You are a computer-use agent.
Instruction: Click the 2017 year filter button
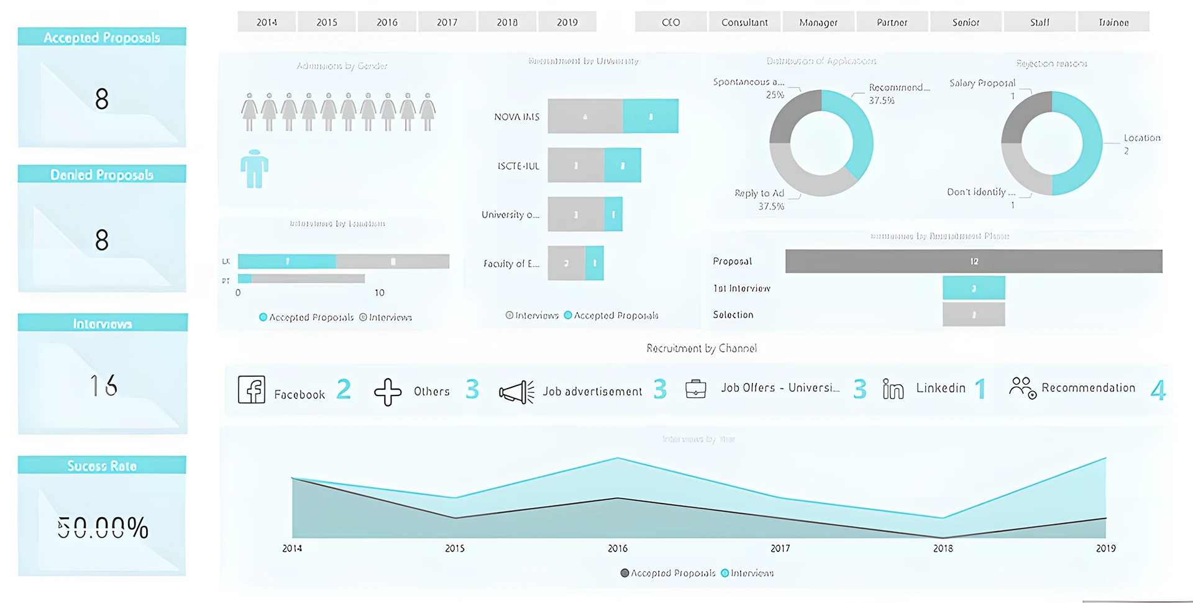click(447, 22)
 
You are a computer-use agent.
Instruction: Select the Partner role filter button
click(892, 22)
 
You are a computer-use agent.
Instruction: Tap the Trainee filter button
click(1113, 22)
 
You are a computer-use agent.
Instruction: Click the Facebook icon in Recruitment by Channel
click(252, 390)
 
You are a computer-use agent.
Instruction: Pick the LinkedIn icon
click(893, 389)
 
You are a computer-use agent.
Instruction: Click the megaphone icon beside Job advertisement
click(516, 392)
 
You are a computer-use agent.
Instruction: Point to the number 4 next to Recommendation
click(1158, 390)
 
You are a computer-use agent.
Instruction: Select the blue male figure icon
click(254, 168)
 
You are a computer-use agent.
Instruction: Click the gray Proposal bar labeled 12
click(973, 261)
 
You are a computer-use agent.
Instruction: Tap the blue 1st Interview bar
click(973, 288)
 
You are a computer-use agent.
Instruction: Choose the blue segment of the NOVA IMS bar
click(650, 116)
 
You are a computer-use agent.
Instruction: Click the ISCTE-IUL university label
click(518, 166)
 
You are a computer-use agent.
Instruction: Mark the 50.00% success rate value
click(103, 528)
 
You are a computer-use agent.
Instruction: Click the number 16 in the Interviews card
click(103, 385)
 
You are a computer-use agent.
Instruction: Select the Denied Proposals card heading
click(102, 175)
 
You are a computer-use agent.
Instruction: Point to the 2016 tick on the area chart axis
click(618, 548)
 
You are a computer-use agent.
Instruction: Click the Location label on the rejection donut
click(1141, 138)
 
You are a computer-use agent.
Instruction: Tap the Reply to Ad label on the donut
click(759, 193)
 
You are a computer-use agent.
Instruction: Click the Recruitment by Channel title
click(702, 348)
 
